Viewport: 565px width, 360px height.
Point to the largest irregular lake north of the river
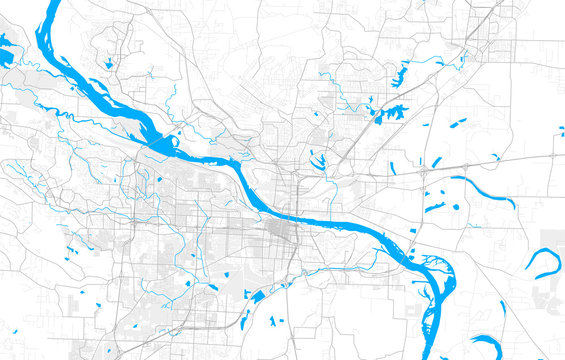[391, 113]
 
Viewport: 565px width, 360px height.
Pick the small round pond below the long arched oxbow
[456, 206]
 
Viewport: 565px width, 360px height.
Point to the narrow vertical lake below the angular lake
[273, 321]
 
